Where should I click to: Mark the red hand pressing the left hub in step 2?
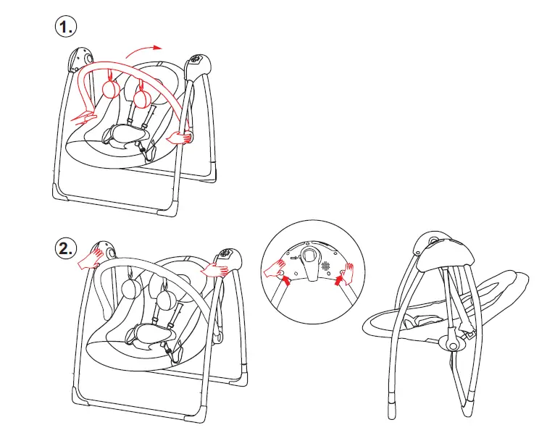[x=92, y=257]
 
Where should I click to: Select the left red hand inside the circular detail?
[x=277, y=271]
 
